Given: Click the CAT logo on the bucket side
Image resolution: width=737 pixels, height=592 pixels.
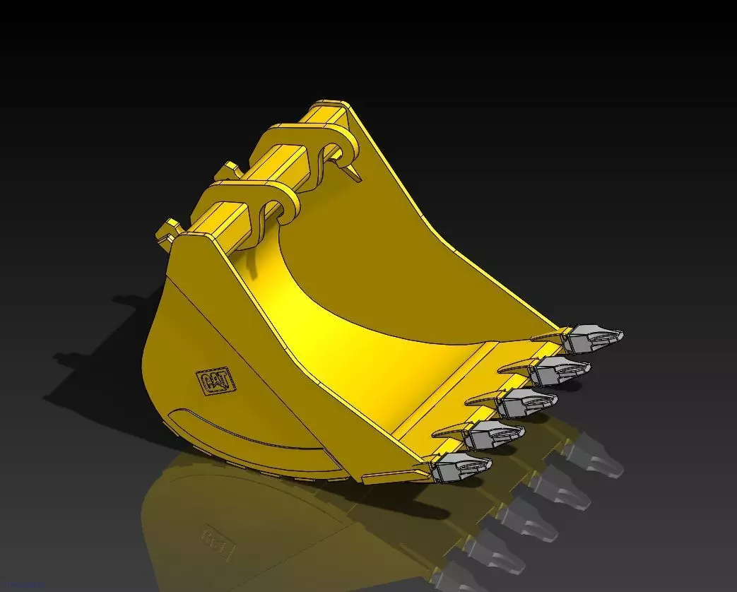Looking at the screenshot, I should coord(216,381).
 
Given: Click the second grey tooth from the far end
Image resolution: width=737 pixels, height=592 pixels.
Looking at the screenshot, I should coord(560,369).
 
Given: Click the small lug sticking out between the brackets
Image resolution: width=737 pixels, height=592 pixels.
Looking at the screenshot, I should coord(228,170).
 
